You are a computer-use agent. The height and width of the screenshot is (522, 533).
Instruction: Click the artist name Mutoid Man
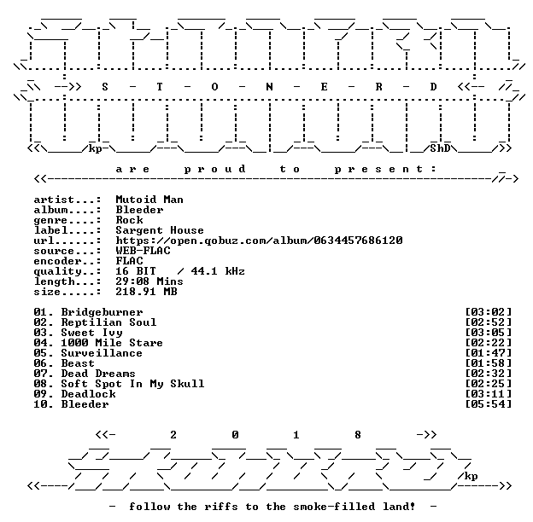click(149, 200)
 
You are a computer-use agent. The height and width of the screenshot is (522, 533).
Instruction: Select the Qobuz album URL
click(259, 241)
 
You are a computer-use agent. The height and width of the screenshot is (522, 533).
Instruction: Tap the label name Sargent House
click(160, 230)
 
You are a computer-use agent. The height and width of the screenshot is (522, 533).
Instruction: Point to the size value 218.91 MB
click(146, 292)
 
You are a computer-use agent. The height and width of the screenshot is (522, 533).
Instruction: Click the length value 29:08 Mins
click(149, 281)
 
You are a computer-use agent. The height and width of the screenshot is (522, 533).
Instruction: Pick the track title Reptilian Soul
click(108, 322)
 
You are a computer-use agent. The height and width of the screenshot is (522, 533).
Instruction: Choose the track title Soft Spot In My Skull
click(132, 384)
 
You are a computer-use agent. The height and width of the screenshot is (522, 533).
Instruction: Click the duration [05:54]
click(489, 404)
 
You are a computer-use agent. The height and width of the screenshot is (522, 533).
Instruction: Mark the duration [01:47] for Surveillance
click(489, 353)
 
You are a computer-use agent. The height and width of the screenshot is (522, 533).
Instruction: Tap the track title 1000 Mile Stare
click(112, 343)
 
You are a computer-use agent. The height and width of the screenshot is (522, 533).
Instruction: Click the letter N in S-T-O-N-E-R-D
click(269, 87)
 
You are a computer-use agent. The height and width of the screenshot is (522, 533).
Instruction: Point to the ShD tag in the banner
click(440, 148)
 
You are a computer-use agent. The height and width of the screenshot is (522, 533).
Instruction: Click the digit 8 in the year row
click(358, 435)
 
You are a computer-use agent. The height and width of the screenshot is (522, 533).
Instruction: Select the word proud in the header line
click(214, 169)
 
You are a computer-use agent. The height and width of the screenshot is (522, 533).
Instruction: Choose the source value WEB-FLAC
click(143, 251)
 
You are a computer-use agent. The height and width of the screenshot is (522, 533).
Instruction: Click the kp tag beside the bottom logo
click(471, 476)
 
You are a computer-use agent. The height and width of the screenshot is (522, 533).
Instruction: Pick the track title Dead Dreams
click(98, 374)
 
